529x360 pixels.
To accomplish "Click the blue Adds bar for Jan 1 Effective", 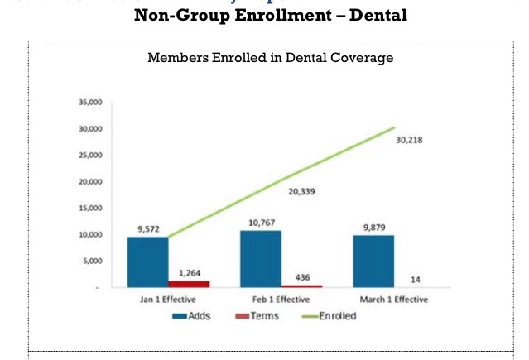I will tap(147, 262).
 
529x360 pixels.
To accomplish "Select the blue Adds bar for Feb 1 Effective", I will tap(261, 258).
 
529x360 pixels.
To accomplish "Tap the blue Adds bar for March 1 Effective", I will tap(373, 261).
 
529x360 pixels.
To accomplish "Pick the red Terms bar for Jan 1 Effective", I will tap(190, 283).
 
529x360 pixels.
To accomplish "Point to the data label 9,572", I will tap(147, 228).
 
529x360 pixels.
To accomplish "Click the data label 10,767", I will tap(261, 222).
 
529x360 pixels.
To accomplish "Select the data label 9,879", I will tap(373, 227).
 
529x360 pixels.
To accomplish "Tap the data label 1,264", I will tap(190, 271).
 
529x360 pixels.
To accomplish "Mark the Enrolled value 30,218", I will tap(410, 141).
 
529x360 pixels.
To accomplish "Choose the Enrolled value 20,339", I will tap(301, 192).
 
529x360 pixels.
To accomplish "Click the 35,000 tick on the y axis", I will tap(90, 103).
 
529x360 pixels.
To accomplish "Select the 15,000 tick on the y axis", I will tap(90, 209).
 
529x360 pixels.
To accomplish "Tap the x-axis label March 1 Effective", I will tap(394, 300).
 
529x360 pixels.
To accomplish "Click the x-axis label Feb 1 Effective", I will tap(281, 300).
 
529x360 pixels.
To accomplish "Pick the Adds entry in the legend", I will tap(192, 316).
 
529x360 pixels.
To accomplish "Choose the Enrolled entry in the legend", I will tap(324, 316).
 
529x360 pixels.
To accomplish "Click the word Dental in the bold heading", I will tap(377, 15).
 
